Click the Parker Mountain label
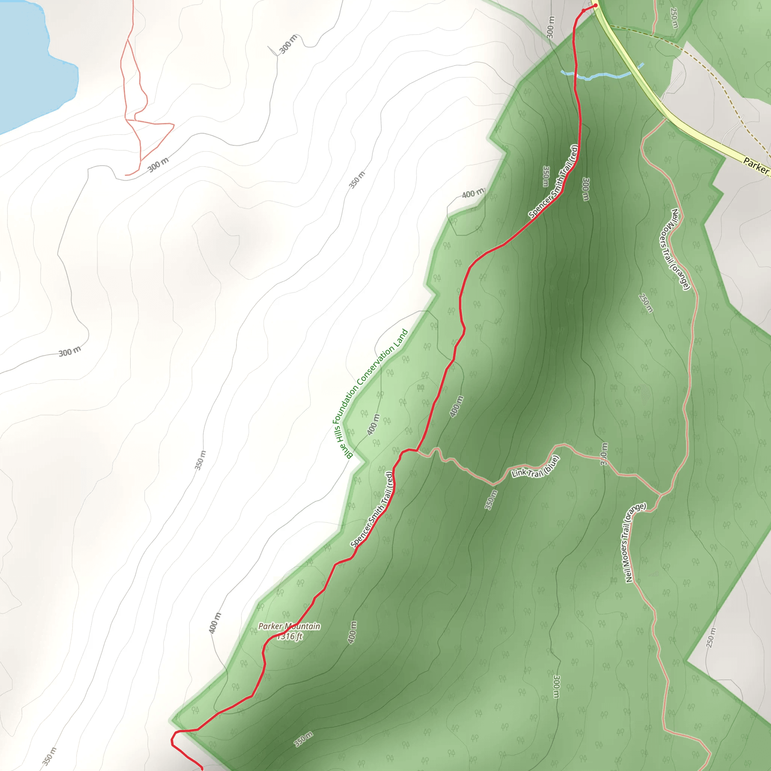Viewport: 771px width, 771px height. tap(289, 626)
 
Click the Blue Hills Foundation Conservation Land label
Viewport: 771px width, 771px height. tap(372, 393)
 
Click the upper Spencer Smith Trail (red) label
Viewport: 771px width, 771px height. tap(553, 181)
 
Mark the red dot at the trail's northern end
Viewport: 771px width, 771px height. tap(596, 6)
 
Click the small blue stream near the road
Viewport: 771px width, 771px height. tap(599, 75)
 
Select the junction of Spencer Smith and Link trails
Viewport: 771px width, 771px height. tap(417, 451)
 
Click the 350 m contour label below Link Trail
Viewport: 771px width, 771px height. tap(491, 499)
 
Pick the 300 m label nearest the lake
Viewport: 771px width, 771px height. tap(158, 165)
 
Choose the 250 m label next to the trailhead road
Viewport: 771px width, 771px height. tap(674, 18)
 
